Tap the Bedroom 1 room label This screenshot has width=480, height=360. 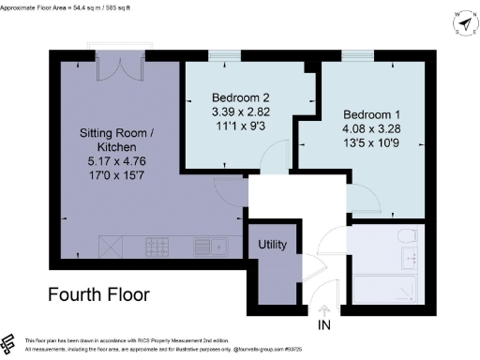click(x=367, y=108)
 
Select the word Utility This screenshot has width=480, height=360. click(x=277, y=245)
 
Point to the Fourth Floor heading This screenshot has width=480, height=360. click(x=98, y=294)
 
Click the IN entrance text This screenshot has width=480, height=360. click(x=325, y=325)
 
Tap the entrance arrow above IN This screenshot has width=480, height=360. click(x=325, y=310)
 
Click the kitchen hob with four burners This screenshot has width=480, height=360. click(x=157, y=247)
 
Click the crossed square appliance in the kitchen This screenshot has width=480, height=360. click(x=112, y=247)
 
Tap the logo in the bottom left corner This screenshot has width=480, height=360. click(x=8, y=342)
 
